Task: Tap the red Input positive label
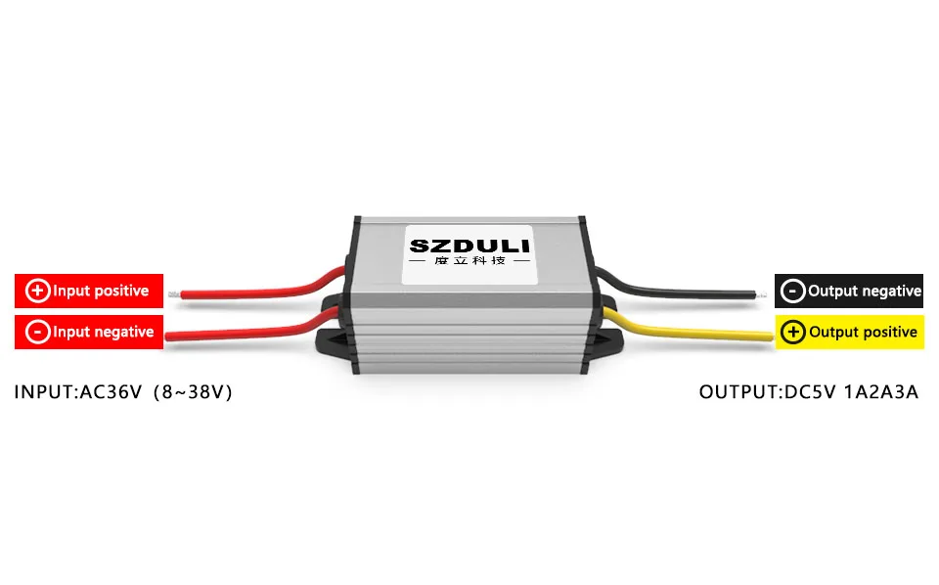click(x=88, y=291)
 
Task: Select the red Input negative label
click(x=88, y=332)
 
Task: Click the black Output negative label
click(x=849, y=291)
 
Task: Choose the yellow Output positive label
click(x=849, y=332)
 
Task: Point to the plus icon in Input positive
click(x=38, y=291)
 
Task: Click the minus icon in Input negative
click(x=37, y=332)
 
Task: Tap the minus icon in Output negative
click(x=793, y=291)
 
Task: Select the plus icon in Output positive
click(x=793, y=332)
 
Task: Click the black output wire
click(x=685, y=290)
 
